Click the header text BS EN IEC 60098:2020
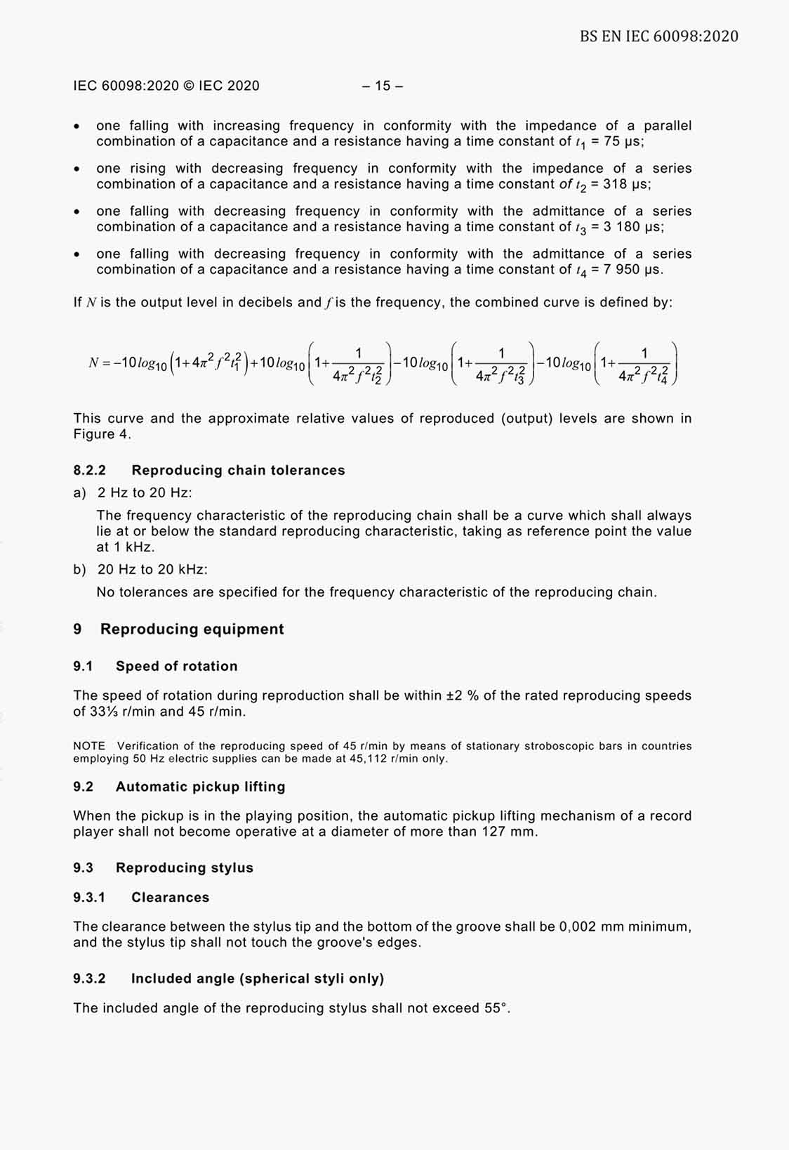658,36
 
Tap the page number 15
383,86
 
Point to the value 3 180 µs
633,227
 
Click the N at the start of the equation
93,362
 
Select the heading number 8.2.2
89,470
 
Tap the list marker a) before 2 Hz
79,492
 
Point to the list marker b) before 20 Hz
79,569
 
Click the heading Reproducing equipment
192,629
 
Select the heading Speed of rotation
176,666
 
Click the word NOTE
89,745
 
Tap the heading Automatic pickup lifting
200,786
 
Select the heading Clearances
170,897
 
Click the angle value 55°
496,1008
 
